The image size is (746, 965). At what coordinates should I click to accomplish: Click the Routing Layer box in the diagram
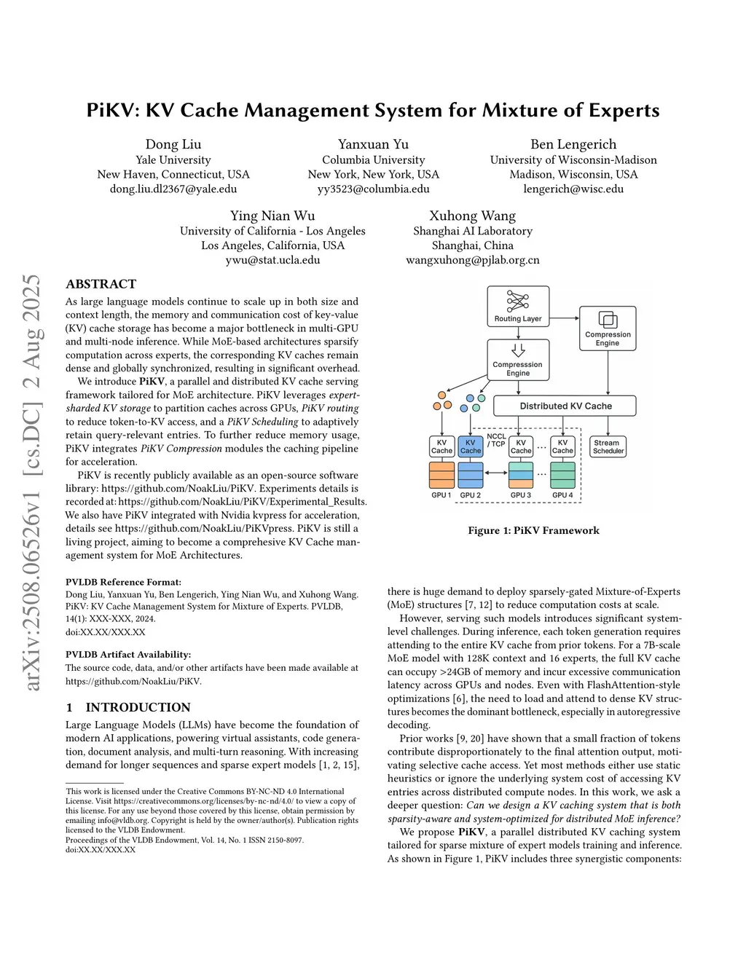click(518, 306)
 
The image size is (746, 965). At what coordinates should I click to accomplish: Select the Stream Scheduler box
click(608, 446)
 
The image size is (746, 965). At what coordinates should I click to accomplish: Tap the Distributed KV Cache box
click(565, 406)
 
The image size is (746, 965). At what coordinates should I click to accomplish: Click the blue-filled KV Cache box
click(471, 446)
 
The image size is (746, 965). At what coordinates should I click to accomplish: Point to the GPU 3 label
click(520, 495)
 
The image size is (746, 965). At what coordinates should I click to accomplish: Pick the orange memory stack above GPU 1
click(441, 475)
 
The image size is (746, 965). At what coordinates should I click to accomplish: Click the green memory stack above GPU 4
click(562, 475)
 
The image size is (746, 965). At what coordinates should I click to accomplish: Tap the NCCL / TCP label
click(496, 440)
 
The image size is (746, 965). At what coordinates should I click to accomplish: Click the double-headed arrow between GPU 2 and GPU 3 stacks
click(496, 473)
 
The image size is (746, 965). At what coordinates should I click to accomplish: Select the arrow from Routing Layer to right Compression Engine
click(565, 318)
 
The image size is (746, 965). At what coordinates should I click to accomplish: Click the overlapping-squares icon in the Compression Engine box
click(608, 320)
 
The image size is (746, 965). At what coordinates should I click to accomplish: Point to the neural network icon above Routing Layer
click(518, 300)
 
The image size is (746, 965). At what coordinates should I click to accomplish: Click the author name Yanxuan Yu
click(373, 144)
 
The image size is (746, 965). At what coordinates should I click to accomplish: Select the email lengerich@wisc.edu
click(573, 189)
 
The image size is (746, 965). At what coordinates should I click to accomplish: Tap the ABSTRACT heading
click(101, 284)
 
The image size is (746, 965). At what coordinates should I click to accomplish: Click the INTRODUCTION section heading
click(138, 707)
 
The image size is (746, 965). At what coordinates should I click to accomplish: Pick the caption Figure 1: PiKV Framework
click(533, 530)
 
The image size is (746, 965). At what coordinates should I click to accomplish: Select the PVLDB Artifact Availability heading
click(128, 654)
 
